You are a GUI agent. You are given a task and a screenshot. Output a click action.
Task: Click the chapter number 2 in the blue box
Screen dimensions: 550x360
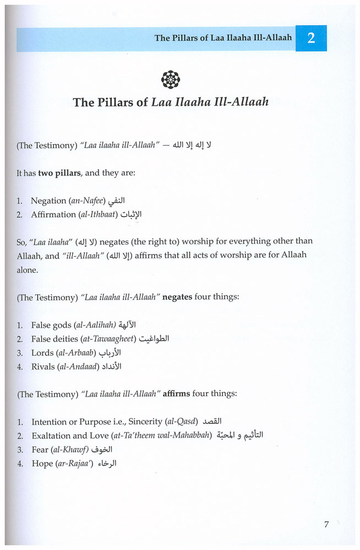311,38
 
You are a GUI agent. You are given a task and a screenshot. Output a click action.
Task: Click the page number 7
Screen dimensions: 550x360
326,524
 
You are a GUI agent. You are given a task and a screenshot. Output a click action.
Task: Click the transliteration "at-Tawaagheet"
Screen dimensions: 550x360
110,339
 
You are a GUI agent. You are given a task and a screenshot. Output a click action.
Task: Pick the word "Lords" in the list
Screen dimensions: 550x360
42,353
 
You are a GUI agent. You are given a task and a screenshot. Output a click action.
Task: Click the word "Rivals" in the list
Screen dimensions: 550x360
43,366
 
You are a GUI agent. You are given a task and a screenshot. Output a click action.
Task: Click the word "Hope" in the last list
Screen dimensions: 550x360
42,464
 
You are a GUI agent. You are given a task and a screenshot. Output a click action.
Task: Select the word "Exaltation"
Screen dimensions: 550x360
52,436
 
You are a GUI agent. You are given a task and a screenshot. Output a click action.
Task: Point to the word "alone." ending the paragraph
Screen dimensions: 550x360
28,270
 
